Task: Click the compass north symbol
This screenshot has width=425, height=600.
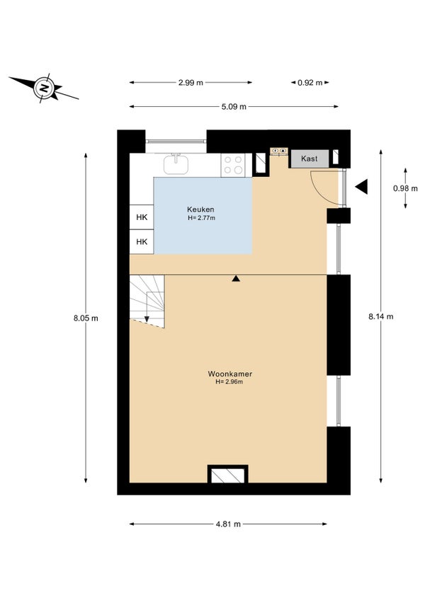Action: (45, 88)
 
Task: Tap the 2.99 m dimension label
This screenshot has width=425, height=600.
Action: (191, 82)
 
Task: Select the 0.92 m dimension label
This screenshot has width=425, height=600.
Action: (310, 82)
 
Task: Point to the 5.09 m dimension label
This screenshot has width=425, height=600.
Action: (234, 107)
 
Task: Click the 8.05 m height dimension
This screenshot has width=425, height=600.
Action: (86, 318)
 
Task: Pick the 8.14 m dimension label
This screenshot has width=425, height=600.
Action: (381, 316)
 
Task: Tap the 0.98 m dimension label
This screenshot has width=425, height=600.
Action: (405, 188)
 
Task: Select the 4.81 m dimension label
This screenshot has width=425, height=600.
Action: (228, 524)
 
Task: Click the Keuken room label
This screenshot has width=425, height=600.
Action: (200, 209)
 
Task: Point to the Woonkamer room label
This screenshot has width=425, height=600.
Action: (230, 374)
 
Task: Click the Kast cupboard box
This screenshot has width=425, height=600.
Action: (310, 158)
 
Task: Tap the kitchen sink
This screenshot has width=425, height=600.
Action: (176, 164)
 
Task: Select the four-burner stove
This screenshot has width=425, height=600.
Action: (233, 165)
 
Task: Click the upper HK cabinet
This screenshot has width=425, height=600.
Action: (142, 217)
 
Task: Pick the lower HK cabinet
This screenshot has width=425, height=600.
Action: (142, 241)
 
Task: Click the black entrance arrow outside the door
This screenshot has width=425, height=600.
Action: (361, 187)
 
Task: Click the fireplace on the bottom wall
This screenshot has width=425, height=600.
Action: (227, 474)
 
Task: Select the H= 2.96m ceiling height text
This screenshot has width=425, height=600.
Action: (229, 382)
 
